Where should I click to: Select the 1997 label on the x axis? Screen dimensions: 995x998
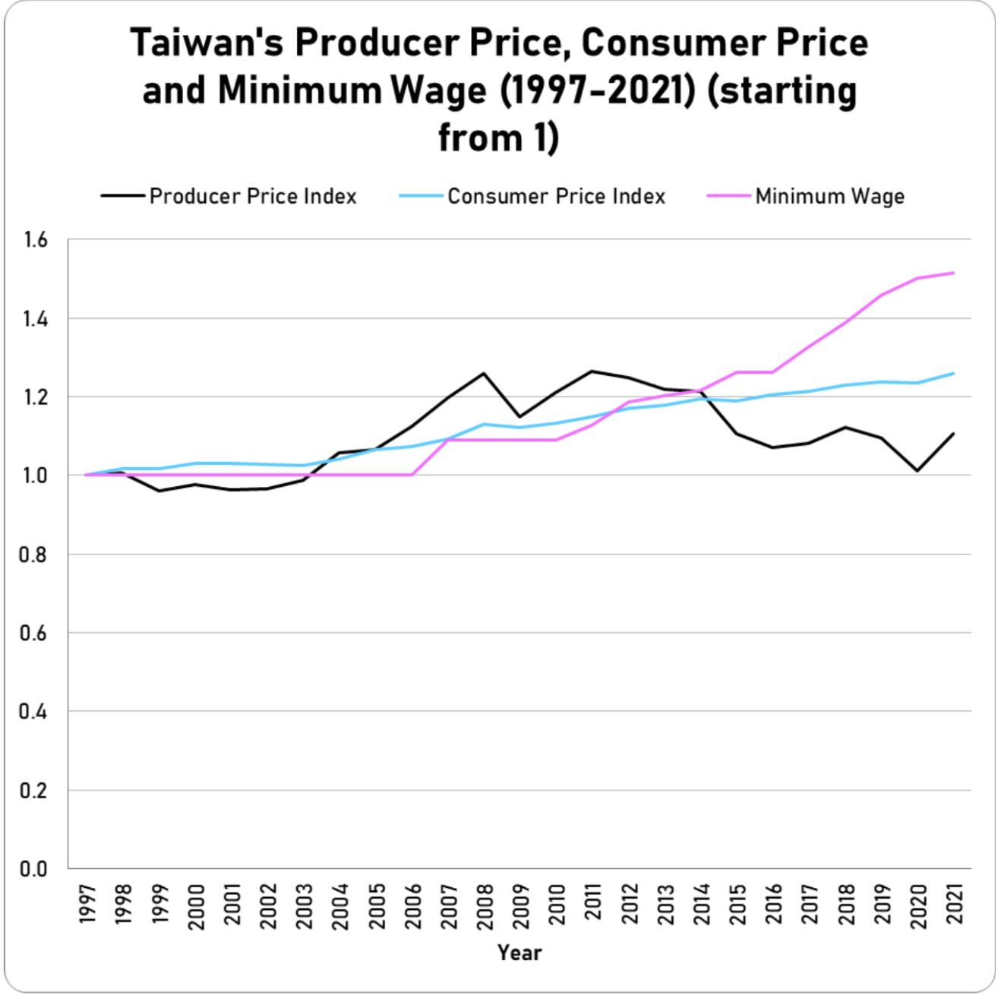pyautogui.click(x=86, y=904)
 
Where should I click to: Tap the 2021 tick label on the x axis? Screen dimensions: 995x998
pyautogui.click(x=953, y=904)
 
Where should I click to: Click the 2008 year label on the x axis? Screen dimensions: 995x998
pyautogui.click(x=484, y=904)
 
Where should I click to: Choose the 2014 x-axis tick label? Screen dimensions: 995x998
pyautogui.click(x=700, y=904)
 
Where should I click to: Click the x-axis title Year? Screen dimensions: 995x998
pyautogui.click(x=520, y=952)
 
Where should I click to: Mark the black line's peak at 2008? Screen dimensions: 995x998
pyautogui.click(x=484, y=373)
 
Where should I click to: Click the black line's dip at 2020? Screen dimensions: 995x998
pyautogui.click(x=917, y=471)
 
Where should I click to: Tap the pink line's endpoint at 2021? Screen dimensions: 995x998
pyautogui.click(x=953, y=273)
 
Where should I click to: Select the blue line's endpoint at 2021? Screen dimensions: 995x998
pyautogui.click(x=953, y=373)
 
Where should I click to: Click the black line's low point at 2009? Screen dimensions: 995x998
pyautogui.click(x=520, y=416)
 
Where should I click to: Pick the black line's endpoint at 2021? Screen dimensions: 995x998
pyautogui.click(x=953, y=434)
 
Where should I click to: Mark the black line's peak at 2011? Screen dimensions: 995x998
pyautogui.click(x=592, y=371)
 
